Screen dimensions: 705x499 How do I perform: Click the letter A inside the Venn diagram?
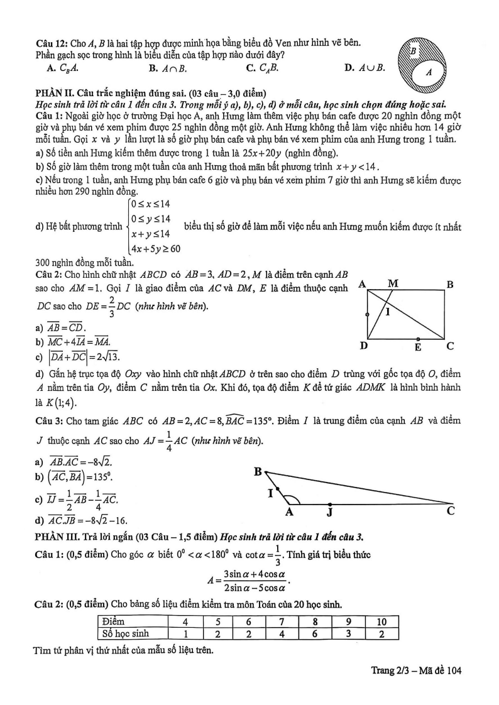click(429, 72)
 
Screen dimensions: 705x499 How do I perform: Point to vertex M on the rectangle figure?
click(393, 283)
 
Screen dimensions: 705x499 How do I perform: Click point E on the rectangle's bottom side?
click(418, 345)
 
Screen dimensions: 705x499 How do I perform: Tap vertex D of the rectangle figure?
click(363, 346)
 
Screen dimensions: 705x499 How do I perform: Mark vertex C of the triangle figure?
click(451, 510)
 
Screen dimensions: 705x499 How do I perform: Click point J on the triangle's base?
click(329, 511)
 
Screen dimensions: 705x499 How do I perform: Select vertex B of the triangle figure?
click(258, 471)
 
